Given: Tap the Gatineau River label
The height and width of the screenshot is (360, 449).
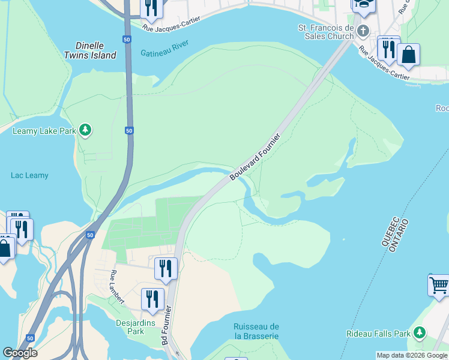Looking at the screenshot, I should pos(165,48).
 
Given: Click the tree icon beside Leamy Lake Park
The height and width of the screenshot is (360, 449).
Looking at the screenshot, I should pos(86,130).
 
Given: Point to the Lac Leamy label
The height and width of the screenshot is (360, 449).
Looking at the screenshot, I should pos(29,176).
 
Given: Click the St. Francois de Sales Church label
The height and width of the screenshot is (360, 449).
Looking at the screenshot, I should pos(327,32).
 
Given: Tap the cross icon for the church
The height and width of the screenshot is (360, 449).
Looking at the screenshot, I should pos(363,31).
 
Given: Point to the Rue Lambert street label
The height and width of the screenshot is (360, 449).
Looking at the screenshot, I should pos(116,287).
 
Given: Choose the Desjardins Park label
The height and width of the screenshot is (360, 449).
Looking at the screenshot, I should pos(130,326).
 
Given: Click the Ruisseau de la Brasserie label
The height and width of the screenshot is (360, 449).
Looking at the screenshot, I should pos(256,331).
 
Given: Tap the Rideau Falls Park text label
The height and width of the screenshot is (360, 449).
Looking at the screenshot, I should pos(379,334).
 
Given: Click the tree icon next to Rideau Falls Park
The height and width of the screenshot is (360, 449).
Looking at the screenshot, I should pos(420,332).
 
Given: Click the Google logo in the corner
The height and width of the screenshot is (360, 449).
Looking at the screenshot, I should pos(19,353).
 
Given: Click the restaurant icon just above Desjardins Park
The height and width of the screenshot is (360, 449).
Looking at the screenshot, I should pos(152,298).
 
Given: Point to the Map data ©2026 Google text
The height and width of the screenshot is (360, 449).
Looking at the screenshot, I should pos(412,355).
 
